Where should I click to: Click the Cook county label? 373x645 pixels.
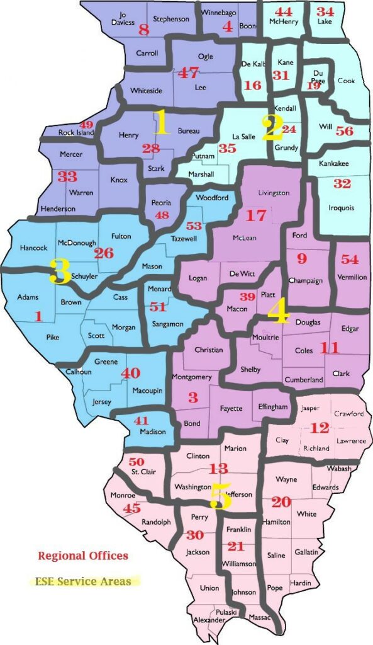(346, 81)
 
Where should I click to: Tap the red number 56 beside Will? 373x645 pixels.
(344, 131)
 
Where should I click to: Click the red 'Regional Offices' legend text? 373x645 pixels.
(83, 556)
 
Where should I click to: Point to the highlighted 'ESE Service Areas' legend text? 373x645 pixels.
(84, 581)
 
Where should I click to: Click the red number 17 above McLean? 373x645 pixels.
(255, 215)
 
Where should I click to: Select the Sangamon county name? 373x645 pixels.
(167, 324)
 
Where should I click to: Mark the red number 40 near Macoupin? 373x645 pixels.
(130, 373)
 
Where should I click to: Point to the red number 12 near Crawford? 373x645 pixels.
(320, 428)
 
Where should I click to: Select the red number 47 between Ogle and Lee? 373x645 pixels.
(188, 72)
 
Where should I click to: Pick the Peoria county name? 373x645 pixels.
(162, 203)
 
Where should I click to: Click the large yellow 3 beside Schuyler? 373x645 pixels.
(60, 273)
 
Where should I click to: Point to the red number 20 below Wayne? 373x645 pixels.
(281, 502)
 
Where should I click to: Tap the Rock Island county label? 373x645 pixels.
(76, 132)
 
